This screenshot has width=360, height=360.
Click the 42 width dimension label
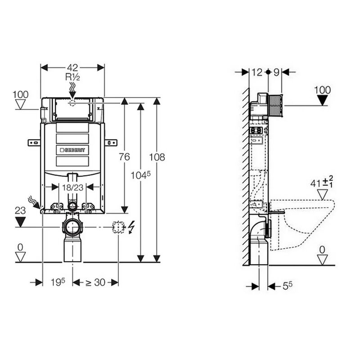pyautogui.click(x=72, y=68)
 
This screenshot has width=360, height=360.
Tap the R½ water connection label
pyautogui.click(x=72, y=77)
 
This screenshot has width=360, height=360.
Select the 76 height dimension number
pyautogui.click(x=125, y=157)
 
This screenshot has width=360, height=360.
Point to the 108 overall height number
pyautogui.click(x=157, y=157)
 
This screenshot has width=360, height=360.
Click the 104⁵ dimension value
pyautogui.click(x=140, y=175)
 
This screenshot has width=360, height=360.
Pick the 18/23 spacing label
pyautogui.click(x=72, y=188)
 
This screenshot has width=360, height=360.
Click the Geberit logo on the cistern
pyautogui.click(x=72, y=150)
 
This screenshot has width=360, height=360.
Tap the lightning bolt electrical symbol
pyautogui.click(x=131, y=227)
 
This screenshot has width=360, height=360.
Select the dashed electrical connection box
pyautogui.click(x=118, y=227)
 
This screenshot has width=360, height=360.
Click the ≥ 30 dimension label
pyautogui.click(x=95, y=283)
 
